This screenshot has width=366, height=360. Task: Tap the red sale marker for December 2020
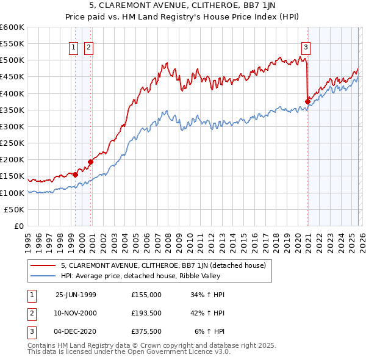tap(308, 101)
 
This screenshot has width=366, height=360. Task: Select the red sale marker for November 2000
tap(90, 162)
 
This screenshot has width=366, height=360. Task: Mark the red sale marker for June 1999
tap(76, 175)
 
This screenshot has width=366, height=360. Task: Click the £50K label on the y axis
tap(15, 209)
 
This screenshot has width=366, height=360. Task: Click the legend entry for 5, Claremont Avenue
tap(163, 266)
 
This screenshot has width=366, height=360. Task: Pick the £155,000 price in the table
tap(146, 295)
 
